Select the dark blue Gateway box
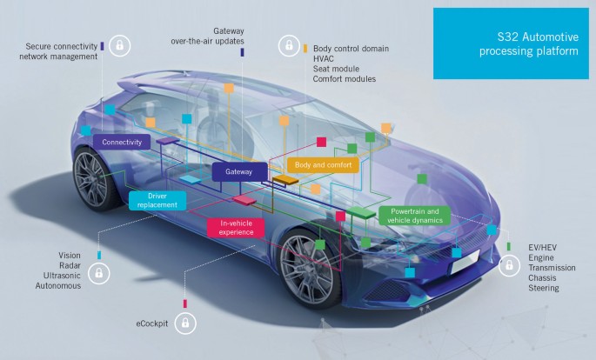click(x=238, y=172)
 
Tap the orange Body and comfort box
click(x=322, y=164)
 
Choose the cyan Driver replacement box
click(x=157, y=201)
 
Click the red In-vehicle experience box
click(x=235, y=227)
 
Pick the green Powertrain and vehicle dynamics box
click(x=415, y=216)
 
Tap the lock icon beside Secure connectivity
click(x=120, y=44)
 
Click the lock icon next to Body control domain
click(x=286, y=46)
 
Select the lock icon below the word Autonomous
click(x=98, y=275)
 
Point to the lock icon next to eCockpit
click(x=185, y=323)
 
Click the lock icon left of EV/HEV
click(x=507, y=267)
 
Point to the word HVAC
click(x=324, y=58)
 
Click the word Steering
click(x=544, y=289)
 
